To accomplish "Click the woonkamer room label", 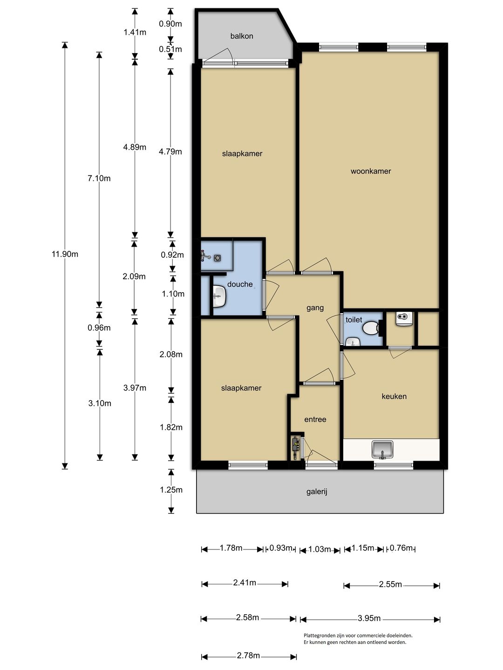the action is tap(370, 171).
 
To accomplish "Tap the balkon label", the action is tap(242, 36).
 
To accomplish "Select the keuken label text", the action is tap(394, 396).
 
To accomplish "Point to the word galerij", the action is tap(317, 492).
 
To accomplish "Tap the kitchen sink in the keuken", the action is tap(382, 449).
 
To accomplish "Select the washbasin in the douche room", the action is tap(219, 296).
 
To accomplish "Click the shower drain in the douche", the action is tap(218, 258).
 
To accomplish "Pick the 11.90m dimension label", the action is tap(65, 254).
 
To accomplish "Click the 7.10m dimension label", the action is tap(99, 178).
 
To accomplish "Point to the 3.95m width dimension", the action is tap(369, 618).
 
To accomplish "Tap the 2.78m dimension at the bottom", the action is tap(248, 656).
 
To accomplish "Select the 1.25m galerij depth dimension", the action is tap(171, 490).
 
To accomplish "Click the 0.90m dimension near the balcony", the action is tap(170, 24).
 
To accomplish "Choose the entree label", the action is tap(315, 419).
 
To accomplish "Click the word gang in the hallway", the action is tap(315, 308).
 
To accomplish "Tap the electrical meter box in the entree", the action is tap(295, 447).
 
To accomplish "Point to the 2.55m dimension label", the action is tap(390, 584).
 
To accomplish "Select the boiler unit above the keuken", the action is tap(404, 319).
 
